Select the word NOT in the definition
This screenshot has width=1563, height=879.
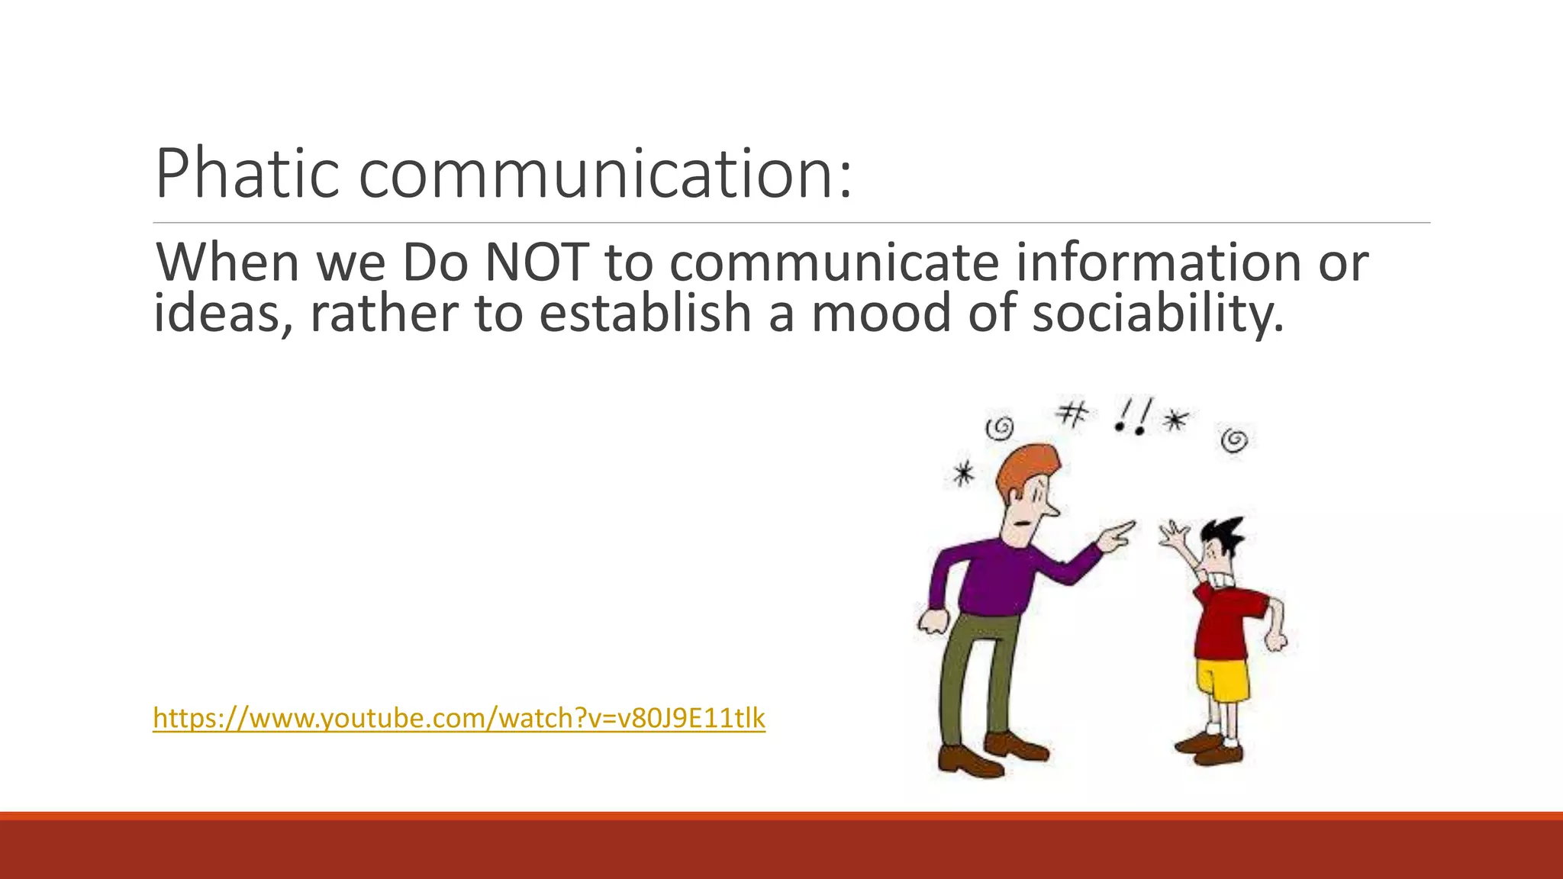pyautogui.click(x=537, y=262)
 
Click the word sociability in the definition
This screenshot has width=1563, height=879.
pyautogui.click(x=1157, y=313)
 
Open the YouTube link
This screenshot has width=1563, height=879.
pyautogui.click(x=459, y=718)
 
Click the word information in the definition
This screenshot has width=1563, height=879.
pyautogui.click(x=1157, y=262)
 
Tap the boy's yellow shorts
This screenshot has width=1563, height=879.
pyautogui.click(x=1222, y=680)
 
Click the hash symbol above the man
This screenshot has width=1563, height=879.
pyautogui.click(x=1072, y=415)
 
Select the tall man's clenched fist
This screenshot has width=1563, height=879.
pyautogui.click(x=931, y=621)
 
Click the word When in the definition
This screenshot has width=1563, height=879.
pyautogui.click(x=227, y=262)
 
